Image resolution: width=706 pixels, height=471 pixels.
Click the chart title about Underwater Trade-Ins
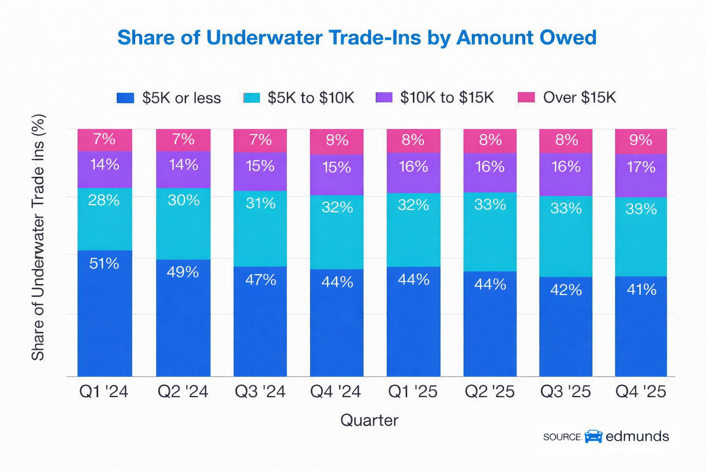click(357, 38)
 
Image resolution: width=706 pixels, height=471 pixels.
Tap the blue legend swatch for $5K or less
click(125, 98)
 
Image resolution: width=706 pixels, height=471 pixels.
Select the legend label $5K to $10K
click(311, 98)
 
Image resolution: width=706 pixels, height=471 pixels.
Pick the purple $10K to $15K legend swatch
click(384, 97)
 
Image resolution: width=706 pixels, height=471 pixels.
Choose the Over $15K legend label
click(579, 97)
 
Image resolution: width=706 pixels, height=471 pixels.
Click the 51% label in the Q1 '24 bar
click(104, 263)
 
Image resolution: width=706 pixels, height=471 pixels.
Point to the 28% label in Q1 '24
click(104, 200)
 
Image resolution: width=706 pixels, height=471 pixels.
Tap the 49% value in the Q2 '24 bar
click(183, 272)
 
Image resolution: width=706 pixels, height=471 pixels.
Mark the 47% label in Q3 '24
click(260, 280)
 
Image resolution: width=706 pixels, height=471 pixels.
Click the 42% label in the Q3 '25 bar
click(566, 290)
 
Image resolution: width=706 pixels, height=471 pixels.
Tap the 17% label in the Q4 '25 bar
click(641, 167)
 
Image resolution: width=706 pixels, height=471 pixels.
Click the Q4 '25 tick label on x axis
click(641, 392)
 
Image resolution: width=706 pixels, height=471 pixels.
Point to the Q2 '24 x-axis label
click(183, 392)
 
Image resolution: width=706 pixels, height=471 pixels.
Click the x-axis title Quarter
click(369, 420)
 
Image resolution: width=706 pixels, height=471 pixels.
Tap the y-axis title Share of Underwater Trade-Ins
click(38, 237)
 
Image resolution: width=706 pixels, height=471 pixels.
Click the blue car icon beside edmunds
click(593, 436)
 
